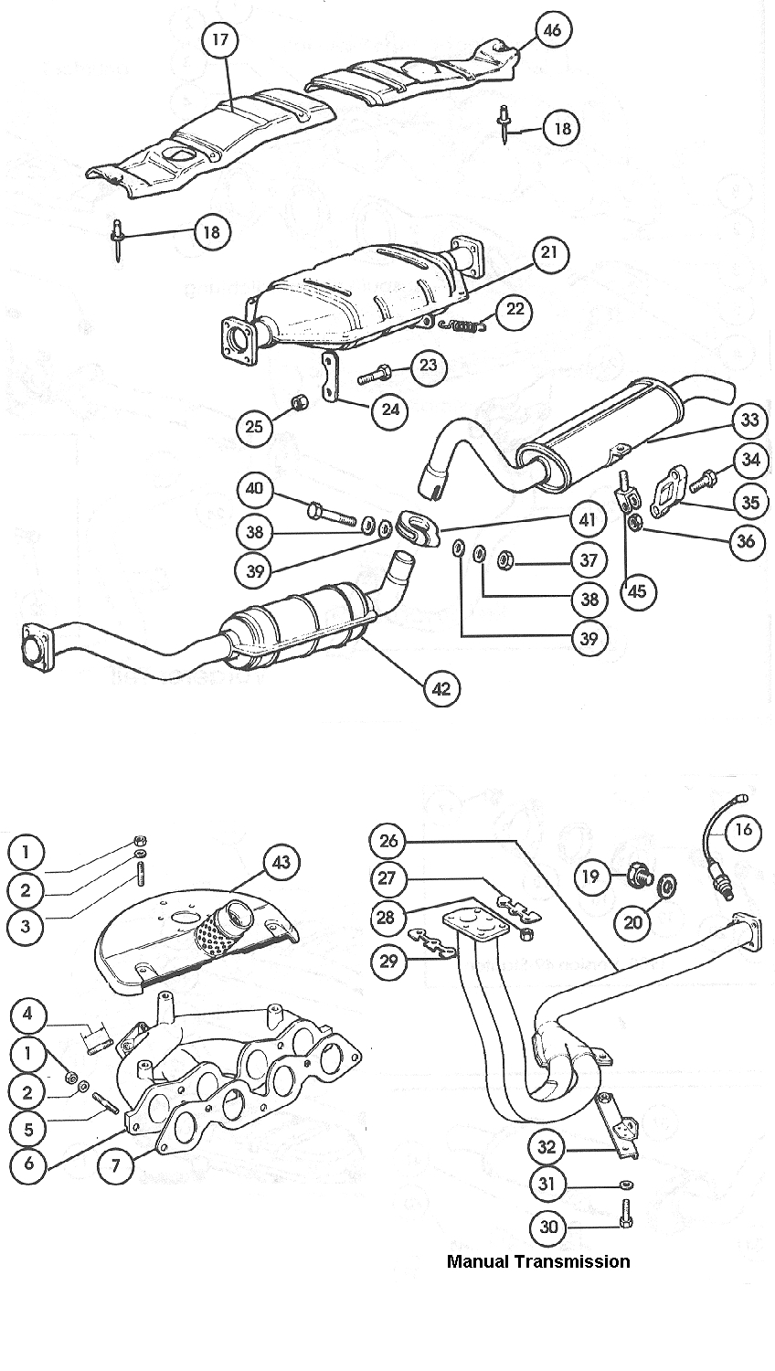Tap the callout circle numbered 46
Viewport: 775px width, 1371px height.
[x=552, y=30]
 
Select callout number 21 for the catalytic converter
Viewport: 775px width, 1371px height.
[x=548, y=253]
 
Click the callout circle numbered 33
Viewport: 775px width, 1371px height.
[x=749, y=421]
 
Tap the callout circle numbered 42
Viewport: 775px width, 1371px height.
[x=441, y=688]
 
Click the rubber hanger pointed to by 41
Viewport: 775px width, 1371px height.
[x=419, y=528]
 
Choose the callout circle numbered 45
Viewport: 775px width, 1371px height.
[x=637, y=590]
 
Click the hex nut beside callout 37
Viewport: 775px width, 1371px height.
[x=504, y=556]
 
